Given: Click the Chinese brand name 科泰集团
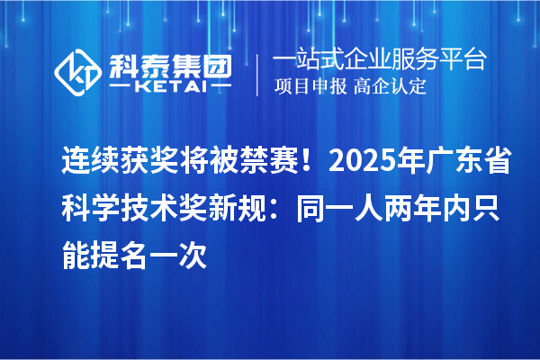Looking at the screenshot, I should pos(170,63).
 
